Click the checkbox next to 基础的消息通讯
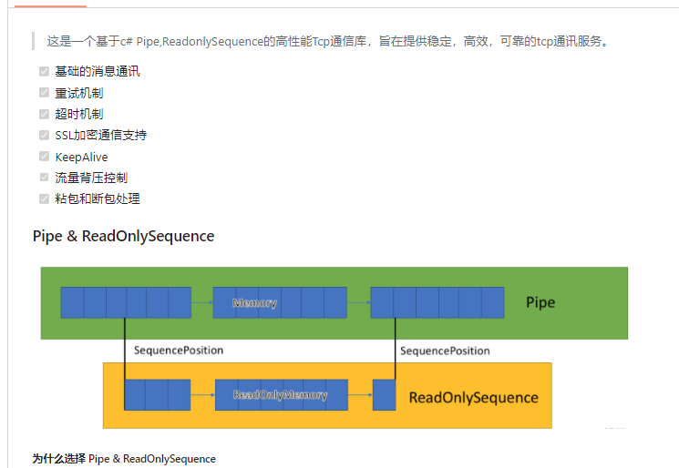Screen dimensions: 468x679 [44, 71]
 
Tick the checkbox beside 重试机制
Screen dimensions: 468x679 [44, 92]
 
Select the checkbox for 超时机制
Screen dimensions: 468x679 [44, 114]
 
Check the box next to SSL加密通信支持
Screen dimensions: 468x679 [44, 135]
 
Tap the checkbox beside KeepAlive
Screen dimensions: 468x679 [44, 157]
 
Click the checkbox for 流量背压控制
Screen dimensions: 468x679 [44, 178]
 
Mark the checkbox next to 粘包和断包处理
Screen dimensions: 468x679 [44, 198]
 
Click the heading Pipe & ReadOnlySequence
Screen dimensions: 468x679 [123, 237]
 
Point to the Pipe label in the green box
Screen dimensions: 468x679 [540, 302]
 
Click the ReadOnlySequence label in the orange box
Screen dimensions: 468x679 [473, 397]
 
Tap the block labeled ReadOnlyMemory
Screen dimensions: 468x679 [281, 395]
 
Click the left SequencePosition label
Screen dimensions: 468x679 [178, 351]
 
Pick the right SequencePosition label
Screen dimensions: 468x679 [445, 351]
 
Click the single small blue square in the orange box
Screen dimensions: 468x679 [384, 395]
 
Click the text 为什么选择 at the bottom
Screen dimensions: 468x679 [59, 459]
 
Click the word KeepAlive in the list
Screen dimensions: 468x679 [81, 157]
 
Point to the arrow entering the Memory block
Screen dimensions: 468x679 [201, 302]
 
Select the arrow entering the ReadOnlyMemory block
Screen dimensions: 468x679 [202, 395]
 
